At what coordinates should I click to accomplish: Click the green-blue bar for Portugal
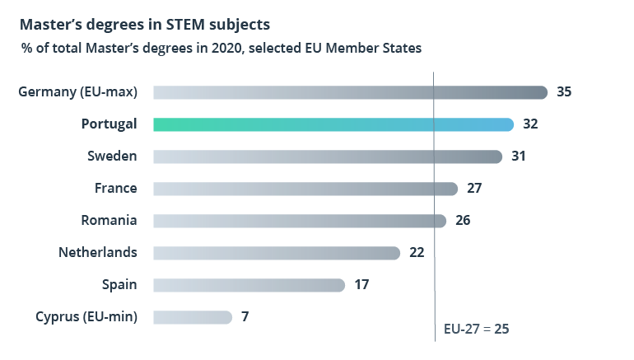coord(333,124)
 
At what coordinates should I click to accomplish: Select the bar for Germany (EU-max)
coord(350,92)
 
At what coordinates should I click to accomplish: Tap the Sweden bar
coord(328,157)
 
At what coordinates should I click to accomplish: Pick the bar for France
coord(305,189)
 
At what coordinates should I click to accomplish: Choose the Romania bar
coord(300,221)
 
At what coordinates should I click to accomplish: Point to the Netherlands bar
coord(277,253)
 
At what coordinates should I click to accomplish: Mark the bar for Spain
coord(249,285)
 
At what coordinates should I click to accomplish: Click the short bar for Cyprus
coord(193,317)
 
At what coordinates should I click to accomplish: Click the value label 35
coord(564,92)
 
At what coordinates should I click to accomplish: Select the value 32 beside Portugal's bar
coord(530,124)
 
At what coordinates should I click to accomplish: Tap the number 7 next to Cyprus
coord(245,317)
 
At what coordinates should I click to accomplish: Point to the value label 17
coord(361,285)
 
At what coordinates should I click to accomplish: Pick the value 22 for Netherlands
coord(417,253)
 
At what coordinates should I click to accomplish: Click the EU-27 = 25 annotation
coord(477,329)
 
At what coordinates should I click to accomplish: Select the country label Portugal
coord(109,124)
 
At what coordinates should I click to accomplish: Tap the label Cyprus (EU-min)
coord(86,317)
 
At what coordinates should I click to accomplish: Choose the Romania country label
coord(109,221)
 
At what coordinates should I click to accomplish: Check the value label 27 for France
coord(474,189)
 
